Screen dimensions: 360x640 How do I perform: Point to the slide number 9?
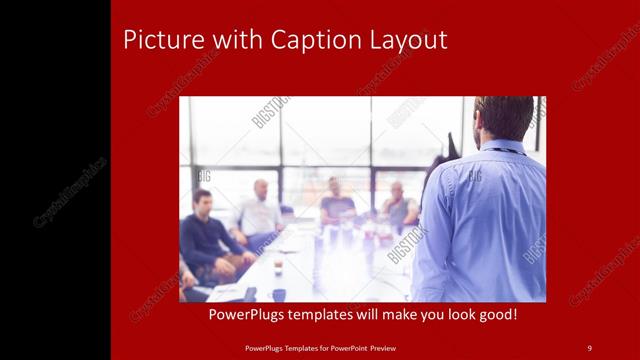click(589, 347)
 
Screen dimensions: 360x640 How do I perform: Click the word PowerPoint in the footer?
click(351, 347)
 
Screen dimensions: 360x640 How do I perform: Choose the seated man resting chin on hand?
click(399, 204)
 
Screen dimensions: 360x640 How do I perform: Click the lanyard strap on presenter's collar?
click(505, 150)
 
